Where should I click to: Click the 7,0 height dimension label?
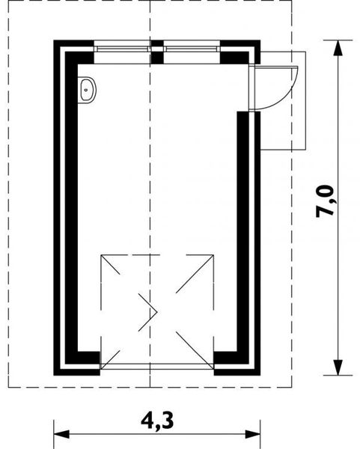tap(325, 201)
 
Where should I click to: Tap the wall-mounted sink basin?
tap(87, 90)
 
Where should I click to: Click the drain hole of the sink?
tap(86, 90)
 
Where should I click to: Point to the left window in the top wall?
tap(122, 49)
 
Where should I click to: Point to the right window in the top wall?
tap(192, 49)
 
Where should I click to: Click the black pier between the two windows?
tap(157, 52)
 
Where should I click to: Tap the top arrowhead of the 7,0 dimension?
tap(338, 48)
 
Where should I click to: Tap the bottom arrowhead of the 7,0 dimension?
tap(338, 367)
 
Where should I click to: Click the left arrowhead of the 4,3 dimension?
tap(61, 434)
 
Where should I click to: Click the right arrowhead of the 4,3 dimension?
tap(253, 434)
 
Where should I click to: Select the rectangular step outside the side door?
tap(283, 101)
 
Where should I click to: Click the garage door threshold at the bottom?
tap(157, 367)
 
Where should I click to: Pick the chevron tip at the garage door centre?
tap(157, 312)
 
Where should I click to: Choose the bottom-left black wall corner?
tap(77, 364)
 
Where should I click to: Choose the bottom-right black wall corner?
tap(237, 364)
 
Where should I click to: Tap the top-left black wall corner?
tap(74, 52)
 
